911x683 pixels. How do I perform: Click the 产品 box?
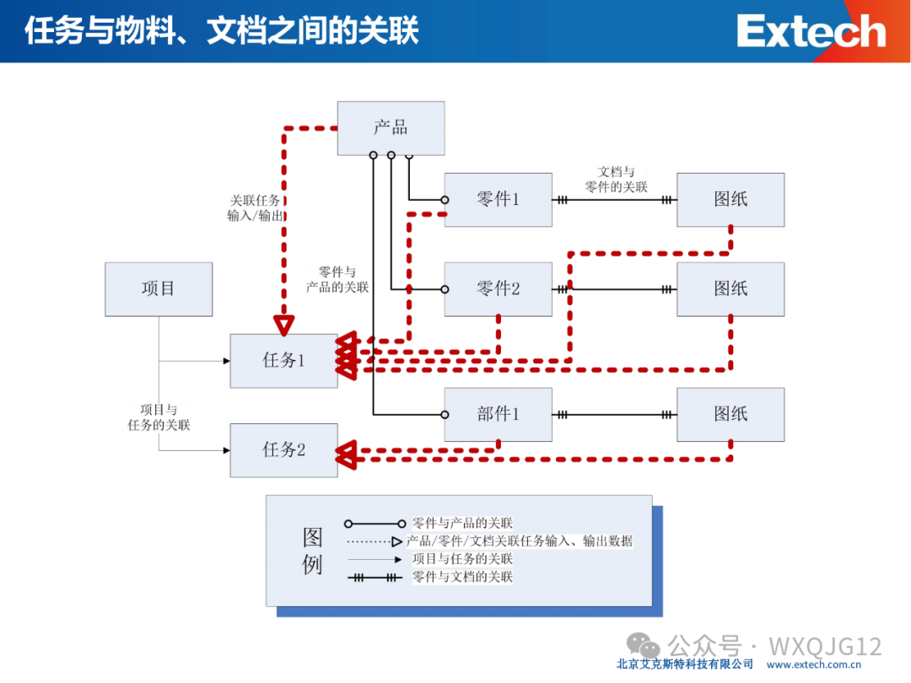coord(391,128)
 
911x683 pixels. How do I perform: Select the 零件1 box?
coord(498,200)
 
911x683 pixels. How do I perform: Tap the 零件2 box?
coord(498,288)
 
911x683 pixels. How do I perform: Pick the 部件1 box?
coord(498,414)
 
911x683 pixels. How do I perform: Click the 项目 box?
coord(159,289)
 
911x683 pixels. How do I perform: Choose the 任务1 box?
coord(283,361)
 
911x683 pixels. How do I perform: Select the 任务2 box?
coord(283,450)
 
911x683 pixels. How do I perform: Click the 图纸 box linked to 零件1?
coord(730,200)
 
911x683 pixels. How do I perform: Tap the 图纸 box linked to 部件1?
coord(730,414)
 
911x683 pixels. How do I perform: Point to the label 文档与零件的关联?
coord(616,180)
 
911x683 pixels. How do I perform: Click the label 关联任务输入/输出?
coord(256,208)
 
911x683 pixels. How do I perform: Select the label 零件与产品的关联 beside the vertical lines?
coord(337,279)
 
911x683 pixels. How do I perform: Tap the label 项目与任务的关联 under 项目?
coord(159,417)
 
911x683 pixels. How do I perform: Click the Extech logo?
coord(811,31)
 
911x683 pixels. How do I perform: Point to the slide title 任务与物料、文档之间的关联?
coord(221,31)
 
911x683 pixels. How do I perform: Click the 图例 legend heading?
coord(312,551)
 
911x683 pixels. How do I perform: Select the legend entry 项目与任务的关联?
coord(461,559)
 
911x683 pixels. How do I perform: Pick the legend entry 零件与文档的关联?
coord(461,577)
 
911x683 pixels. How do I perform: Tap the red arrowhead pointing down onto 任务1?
coord(285,325)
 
